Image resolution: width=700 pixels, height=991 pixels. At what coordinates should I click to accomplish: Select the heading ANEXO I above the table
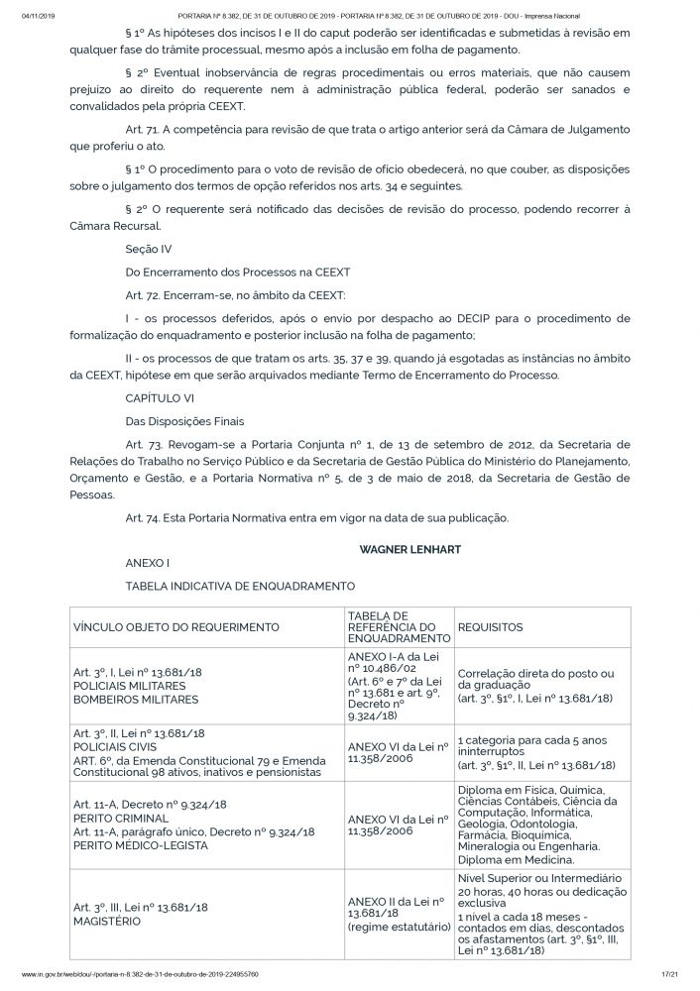pos(147,562)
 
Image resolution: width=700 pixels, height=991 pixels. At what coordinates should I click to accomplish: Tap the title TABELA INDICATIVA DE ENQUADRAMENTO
pos(240,587)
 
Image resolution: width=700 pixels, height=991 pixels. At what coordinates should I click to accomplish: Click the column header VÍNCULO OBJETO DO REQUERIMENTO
pos(175,627)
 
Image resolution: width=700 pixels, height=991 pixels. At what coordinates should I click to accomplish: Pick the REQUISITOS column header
pos(490,627)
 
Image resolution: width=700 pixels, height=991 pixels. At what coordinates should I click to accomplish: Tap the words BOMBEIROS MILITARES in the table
pos(136,699)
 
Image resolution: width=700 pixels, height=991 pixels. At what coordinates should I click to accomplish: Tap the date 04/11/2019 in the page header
pos(38,17)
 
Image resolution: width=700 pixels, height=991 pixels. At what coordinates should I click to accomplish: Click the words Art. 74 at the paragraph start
pos(144,517)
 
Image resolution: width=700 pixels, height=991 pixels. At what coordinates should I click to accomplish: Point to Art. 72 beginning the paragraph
pos(144,295)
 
